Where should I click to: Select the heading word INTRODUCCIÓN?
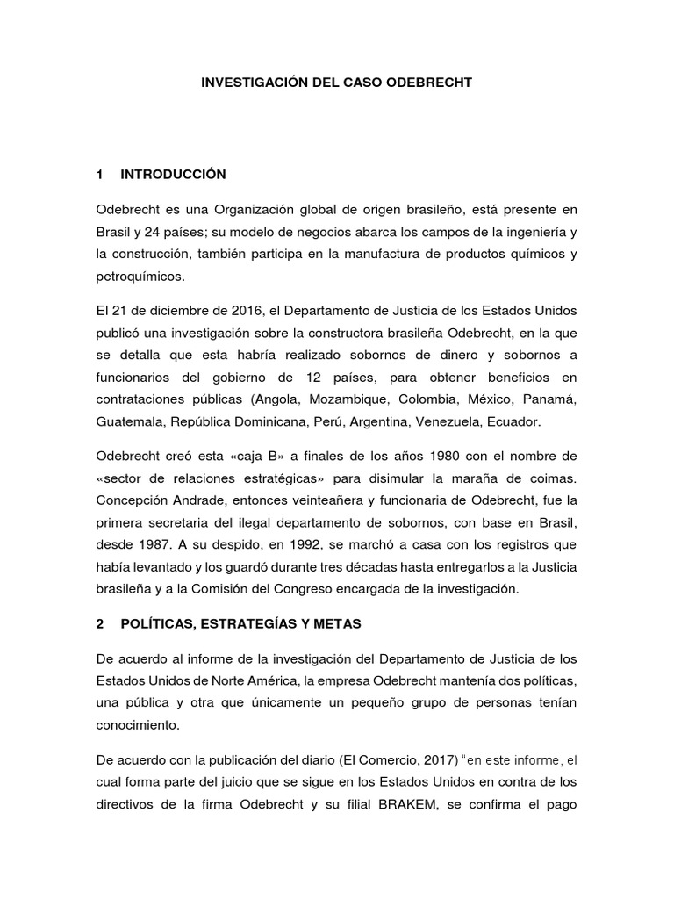[174, 175]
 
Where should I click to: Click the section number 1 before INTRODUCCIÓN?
[101, 175]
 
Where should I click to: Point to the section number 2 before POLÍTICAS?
[101, 623]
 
